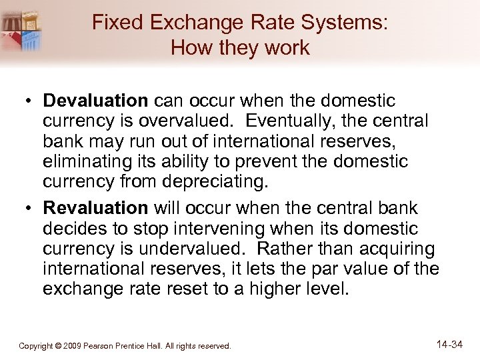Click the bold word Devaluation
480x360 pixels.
click(x=95, y=101)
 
